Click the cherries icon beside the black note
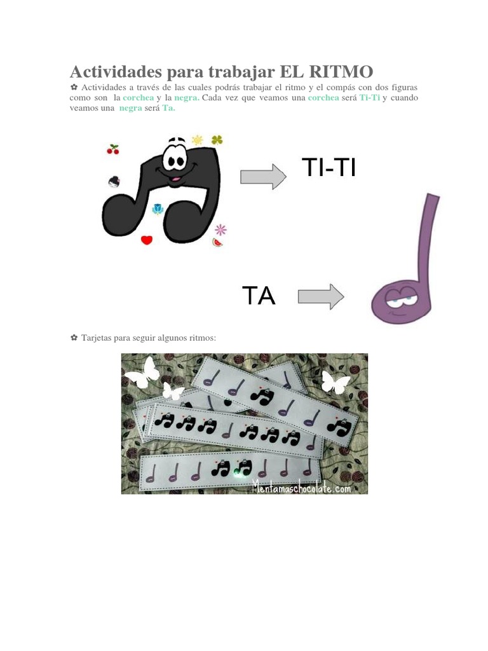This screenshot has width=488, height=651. [113, 150]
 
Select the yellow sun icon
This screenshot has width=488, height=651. [198, 140]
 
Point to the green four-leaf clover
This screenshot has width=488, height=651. [217, 140]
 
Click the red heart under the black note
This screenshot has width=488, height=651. [147, 240]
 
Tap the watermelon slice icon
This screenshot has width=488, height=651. [218, 242]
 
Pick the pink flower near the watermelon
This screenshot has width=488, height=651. [220, 229]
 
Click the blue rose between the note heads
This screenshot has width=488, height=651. [158, 209]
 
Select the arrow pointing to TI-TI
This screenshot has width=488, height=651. [263, 176]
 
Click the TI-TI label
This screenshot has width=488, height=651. [328, 168]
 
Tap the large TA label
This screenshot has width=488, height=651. [259, 296]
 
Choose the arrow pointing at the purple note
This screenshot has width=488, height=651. [321, 297]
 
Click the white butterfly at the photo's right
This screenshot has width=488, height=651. [335, 382]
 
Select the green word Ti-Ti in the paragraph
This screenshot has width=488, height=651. [369, 98]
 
